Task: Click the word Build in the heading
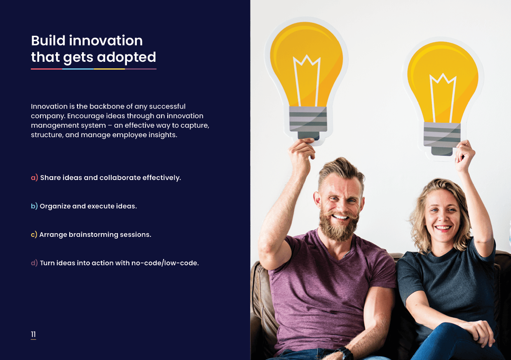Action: point(48,41)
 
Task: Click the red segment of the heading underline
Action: point(47,69)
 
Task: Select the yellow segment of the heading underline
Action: point(109,69)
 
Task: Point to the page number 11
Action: point(33,334)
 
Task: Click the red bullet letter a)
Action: point(35,178)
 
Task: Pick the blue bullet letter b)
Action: point(34,206)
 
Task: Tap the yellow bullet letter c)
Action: point(34,235)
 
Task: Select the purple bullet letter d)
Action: point(34,263)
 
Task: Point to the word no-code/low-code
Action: point(165,263)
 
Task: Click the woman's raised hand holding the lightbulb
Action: point(464,156)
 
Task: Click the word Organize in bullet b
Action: point(55,206)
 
